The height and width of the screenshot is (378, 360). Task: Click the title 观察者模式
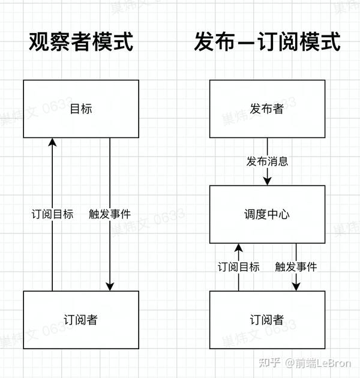pos(81,41)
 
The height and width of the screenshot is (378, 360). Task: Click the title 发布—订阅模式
pos(267,41)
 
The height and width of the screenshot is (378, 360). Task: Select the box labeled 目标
pos(81,109)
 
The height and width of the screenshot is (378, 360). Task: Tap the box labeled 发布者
pos(267,109)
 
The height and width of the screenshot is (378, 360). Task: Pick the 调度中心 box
pos(267,214)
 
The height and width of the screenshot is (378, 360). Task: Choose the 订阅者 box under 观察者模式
pos(81,320)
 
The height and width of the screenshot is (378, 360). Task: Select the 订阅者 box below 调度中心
pos(267,320)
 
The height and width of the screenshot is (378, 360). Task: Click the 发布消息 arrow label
pos(267,161)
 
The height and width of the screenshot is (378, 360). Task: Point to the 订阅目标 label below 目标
pos(52,214)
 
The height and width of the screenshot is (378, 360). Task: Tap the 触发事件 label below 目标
pos(110,214)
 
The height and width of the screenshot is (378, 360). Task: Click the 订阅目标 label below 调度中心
pos(238,267)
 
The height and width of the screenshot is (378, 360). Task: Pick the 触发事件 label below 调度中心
pos(296,267)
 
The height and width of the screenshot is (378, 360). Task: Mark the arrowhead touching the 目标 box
pos(52,142)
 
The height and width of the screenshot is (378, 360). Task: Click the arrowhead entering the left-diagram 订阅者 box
pos(110,287)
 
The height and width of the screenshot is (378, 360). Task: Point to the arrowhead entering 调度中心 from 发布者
pos(268,181)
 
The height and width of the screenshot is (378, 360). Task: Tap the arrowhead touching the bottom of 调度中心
pos(238,248)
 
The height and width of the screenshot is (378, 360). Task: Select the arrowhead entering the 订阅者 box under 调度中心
pos(296,287)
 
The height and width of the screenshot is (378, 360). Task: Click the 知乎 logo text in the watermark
pos(269,362)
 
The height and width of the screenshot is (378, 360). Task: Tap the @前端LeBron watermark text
pos(318,363)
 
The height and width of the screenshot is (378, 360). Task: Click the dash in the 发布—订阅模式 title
pos(246,43)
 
